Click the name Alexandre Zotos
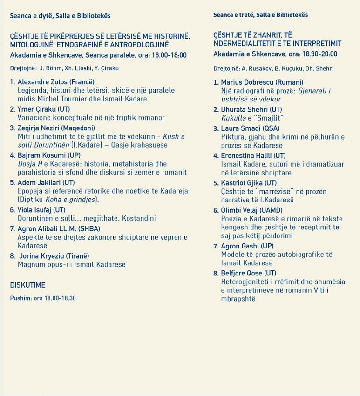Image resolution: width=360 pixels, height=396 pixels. click(x=41, y=82)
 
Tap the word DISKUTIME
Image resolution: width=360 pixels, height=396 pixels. click(x=27, y=285)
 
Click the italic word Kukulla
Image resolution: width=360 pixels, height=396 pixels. click(x=233, y=118)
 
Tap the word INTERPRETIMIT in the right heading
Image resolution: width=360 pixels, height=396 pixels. click(x=316, y=43)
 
